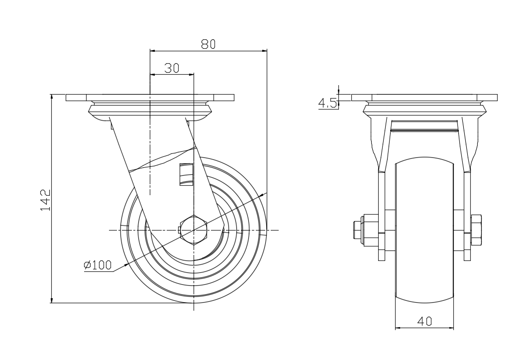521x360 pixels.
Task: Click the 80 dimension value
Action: click(x=208, y=44)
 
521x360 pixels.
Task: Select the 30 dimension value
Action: click(x=172, y=68)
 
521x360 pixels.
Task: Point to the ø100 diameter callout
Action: click(x=98, y=265)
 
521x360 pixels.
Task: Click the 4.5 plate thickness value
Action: click(x=327, y=103)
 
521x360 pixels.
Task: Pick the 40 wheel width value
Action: click(x=424, y=322)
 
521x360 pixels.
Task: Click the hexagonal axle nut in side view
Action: click(x=194, y=230)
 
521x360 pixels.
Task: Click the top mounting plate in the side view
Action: click(x=149, y=98)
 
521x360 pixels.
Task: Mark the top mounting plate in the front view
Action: click(x=424, y=98)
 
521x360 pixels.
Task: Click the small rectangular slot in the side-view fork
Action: click(x=186, y=174)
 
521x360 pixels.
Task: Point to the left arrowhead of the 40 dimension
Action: click(x=398, y=328)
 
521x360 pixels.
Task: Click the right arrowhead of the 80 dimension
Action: click(x=264, y=50)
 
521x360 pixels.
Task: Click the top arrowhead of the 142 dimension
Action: click(x=52, y=97)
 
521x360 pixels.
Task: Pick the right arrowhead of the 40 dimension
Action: click(x=451, y=328)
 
